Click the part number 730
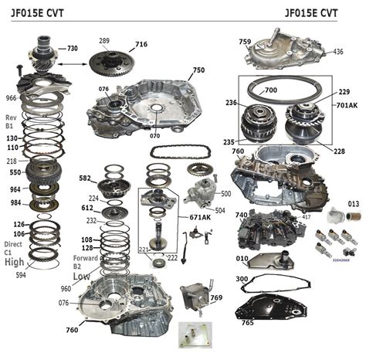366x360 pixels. point(72,48)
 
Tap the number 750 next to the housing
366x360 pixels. point(198,70)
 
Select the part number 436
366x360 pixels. point(337,52)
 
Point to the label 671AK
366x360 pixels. point(200,217)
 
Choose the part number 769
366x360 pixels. point(215,297)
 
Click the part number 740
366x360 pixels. point(242,216)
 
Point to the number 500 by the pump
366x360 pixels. point(226,193)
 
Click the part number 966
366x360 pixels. point(12,99)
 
